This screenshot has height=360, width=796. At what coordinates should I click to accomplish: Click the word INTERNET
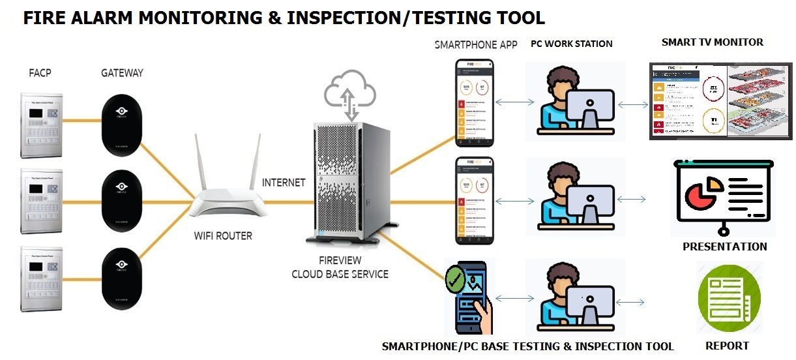[284, 183]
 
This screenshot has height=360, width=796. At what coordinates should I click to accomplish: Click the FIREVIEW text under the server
[340, 260]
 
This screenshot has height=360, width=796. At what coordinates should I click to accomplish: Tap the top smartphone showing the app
[474, 103]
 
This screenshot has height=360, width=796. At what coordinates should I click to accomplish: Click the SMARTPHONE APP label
[476, 44]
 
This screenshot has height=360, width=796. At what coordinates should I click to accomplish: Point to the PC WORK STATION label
[571, 44]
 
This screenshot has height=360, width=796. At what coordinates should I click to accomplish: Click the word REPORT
[727, 346]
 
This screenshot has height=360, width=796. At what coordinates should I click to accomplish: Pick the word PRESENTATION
[724, 247]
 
